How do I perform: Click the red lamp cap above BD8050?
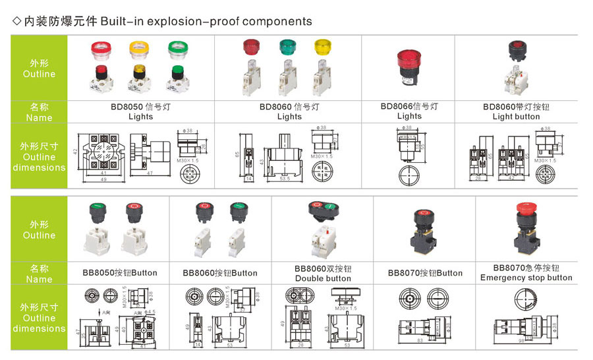[x=102, y=49]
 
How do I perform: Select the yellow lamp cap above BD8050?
[x=139, y=49]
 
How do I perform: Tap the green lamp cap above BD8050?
[x=176, y=49]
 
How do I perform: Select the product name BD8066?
[x=395, y=105]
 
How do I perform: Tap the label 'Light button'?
[x=516, y=117]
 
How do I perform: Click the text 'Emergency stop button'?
[x=526, y=278]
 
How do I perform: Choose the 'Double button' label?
[x=323, y=278]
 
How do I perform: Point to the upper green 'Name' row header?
[x=39, y=111]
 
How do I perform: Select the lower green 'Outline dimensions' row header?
[x=39, y=318]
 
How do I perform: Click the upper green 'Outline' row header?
[x=39, y=68]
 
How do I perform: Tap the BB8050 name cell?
[x=119, y=273]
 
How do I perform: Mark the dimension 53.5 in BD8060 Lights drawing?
[x=285, y=179]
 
